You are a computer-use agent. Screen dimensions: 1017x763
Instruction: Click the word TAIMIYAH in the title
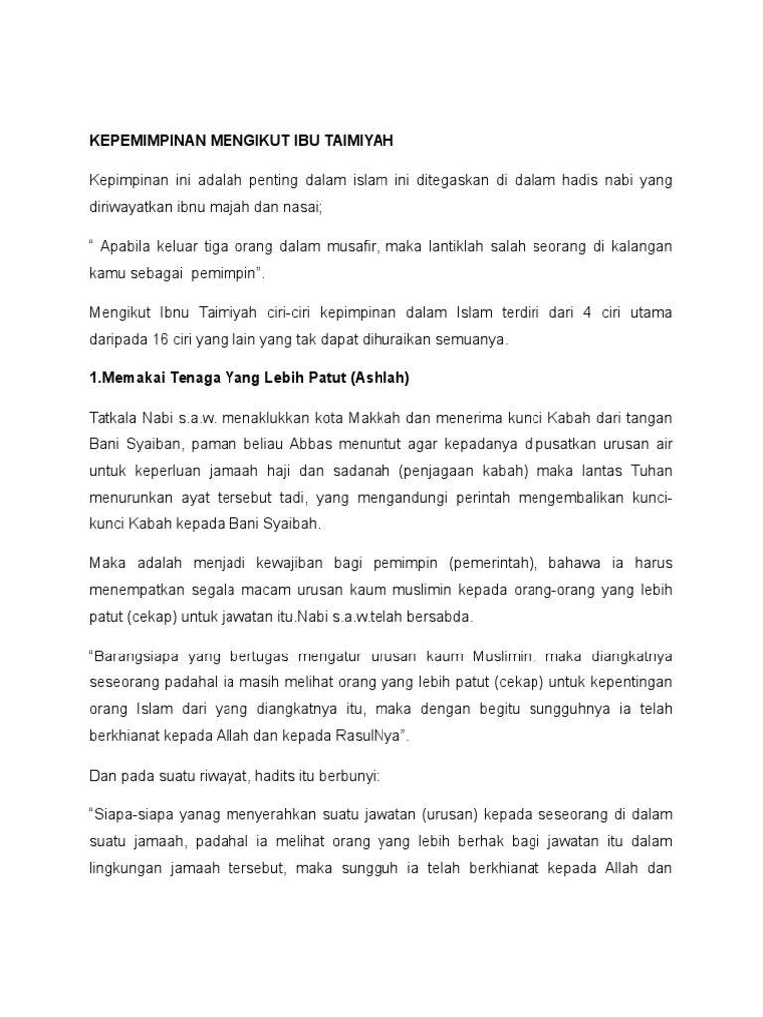click(x=355, y=141)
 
